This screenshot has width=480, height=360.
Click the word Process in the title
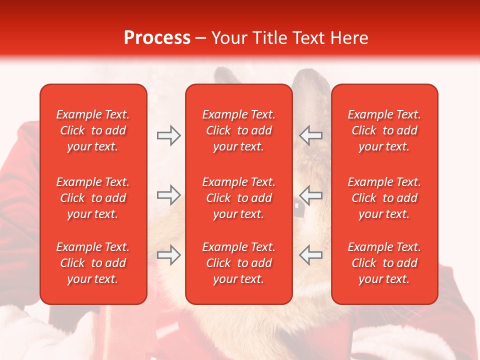point(157,38)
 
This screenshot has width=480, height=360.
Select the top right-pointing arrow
point(168,135)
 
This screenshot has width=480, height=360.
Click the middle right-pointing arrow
point(168,195)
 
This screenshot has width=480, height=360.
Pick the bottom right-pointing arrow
point(168,255)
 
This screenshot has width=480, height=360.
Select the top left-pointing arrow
point(310,135)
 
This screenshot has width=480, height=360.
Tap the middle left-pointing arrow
point(310,195)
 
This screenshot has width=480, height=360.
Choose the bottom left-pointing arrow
point(310,255)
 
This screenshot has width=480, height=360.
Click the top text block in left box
point(93,130)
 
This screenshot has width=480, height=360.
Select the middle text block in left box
point(93,198)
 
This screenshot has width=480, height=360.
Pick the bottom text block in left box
point(93,263)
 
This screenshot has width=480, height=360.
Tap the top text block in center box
point(238,130)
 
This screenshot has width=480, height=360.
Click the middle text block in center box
point(238,198)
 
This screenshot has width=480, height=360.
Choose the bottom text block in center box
point(238,263)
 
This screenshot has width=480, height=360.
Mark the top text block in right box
point(384,130)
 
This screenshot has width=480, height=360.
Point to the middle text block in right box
point(384,198)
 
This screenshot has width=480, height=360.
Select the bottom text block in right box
point(384,263)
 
